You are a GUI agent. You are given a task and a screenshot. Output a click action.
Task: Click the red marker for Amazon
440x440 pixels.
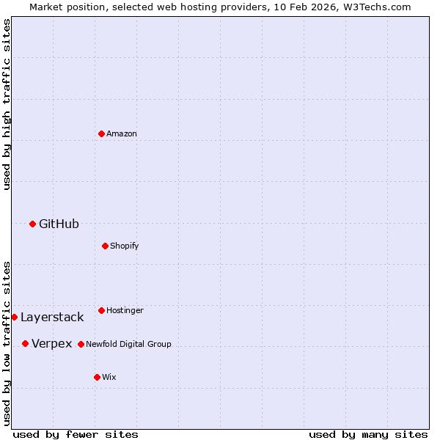101,133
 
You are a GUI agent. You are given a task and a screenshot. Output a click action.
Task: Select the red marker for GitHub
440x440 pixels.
32,224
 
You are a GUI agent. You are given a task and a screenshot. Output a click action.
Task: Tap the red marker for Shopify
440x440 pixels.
105,246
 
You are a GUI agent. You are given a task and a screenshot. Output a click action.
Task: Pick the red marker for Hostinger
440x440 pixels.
101,310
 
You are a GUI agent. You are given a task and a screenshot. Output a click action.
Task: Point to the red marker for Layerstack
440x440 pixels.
14,317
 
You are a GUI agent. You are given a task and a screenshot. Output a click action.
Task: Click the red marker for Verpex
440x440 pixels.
25,343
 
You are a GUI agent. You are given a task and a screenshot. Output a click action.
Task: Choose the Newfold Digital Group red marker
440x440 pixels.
81,344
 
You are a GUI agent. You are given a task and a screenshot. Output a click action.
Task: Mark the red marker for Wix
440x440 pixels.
97,377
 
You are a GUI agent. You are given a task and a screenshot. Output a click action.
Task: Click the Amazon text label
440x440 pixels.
122,133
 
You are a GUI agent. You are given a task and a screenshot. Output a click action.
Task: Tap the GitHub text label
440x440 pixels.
59,224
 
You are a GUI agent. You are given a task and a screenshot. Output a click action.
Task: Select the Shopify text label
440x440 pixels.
125,246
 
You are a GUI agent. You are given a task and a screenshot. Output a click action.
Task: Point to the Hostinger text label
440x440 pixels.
125,310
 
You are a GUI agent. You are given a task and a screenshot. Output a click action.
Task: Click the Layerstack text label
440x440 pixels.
52,317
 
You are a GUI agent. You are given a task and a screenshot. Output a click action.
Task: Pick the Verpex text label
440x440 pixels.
52,343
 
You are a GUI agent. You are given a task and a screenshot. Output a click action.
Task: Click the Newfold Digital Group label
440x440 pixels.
128,344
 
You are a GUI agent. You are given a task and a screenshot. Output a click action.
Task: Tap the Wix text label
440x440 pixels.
109,377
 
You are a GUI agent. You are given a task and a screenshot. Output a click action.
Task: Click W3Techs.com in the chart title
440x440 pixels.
374,7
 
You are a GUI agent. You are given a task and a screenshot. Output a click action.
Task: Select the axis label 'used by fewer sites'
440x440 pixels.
76,434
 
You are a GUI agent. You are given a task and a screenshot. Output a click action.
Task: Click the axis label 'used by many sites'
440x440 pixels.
368,434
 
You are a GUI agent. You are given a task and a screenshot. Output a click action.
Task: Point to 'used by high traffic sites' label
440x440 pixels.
7,104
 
